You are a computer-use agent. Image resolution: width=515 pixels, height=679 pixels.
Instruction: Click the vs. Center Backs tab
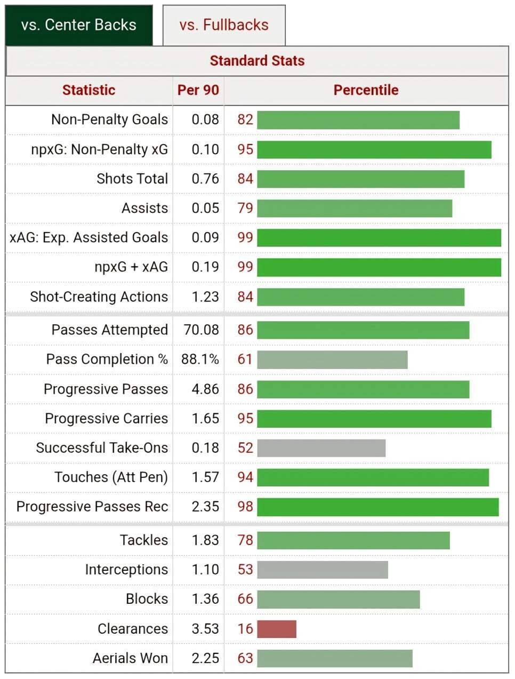click(79, 25)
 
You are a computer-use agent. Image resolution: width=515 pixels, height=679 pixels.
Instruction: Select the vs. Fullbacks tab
click(224, 25)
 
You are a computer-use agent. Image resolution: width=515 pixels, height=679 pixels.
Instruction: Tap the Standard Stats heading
click(257, 61)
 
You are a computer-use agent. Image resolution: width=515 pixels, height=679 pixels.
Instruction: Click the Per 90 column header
click(198, 90)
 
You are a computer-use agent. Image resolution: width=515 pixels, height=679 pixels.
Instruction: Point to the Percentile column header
click(366, 90)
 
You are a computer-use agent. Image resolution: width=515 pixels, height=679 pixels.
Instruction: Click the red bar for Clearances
click(277, 629)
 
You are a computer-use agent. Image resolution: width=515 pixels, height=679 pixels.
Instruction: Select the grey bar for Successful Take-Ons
click(321, 448)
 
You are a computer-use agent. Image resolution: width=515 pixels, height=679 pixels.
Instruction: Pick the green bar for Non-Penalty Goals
click(358, 120)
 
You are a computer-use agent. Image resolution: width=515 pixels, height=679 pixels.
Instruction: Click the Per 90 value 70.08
click(201, 330)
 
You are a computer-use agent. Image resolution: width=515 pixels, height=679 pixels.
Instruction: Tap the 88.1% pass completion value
click(200, 360)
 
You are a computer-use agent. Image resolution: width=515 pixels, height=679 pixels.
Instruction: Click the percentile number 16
click(245, 629)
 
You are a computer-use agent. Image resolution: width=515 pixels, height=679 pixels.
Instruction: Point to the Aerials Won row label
click(130, 658)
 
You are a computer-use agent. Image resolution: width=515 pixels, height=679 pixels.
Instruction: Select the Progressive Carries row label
click(106, 419)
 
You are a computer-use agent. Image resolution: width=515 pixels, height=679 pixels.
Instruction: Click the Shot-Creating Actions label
click(99, 297)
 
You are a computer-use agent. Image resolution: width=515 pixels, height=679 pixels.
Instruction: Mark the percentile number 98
click(245, 507)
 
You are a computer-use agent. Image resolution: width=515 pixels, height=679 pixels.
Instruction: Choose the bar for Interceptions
click(323, 570)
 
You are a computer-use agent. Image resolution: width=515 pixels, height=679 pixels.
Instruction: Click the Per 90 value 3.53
click(205, 629)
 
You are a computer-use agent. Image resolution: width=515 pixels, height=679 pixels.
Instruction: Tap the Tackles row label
click(144, 540)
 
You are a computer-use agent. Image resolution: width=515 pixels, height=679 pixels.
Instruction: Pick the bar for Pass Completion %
click(332, 360)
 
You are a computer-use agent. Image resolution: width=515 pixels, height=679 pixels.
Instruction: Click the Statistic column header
click(88, 90)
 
